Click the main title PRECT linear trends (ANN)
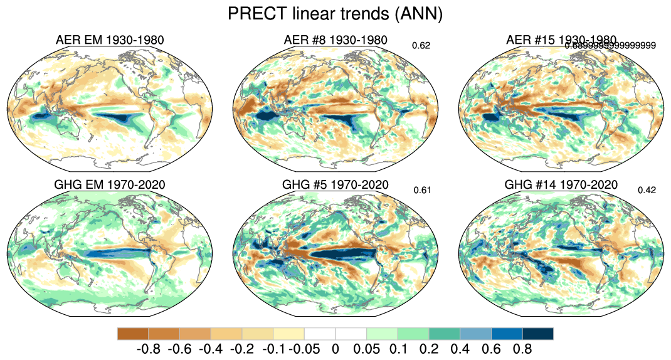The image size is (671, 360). tap(335, 14)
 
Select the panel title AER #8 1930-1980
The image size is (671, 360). tap(335, 41)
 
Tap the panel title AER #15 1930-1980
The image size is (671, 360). tap(561, 40)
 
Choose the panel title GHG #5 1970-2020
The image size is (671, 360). tap(335, 185)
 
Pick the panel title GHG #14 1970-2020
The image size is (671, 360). tap(561, 185)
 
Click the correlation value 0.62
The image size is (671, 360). tap(421, 45)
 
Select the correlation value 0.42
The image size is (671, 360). tap(647, 190)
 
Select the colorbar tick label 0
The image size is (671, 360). tap(335, 348)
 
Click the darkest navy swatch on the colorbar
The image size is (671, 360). tap(538, 333)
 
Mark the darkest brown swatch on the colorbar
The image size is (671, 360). tap(133, 333)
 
